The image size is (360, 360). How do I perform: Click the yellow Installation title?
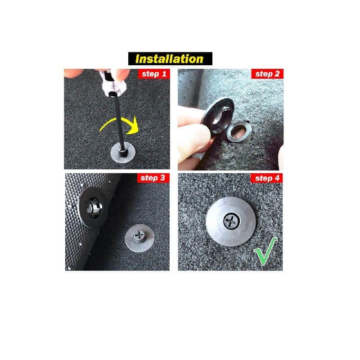(170, 59)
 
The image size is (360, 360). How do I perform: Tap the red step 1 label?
(154, 74)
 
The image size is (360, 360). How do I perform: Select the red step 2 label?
(267, 74)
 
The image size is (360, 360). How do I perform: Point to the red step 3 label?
(153, 178)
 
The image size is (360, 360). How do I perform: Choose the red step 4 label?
(266, 178)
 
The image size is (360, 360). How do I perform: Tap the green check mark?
(265, 251)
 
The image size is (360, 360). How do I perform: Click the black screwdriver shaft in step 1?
(118, 121)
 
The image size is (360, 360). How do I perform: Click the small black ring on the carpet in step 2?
(239, 131)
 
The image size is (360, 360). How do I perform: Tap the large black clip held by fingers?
(217, 116)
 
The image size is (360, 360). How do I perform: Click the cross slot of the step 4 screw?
(232, 221)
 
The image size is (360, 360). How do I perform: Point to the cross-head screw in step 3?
(139, 235)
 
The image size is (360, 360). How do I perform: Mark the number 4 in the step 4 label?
(277, 178)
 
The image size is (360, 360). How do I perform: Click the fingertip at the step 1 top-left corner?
(73, 73)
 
